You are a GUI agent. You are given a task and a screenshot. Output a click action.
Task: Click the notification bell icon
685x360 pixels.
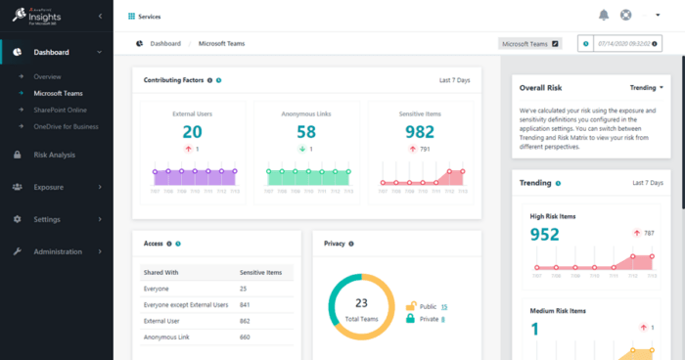(604, 15)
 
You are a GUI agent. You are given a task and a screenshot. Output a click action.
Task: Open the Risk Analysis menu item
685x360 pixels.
(54, 155)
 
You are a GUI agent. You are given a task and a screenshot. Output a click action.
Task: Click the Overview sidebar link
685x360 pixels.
(47, 75)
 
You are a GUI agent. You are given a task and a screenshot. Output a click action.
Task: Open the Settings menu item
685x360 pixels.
(48, 219)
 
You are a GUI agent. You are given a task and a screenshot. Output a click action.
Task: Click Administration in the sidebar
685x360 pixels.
(64, 251)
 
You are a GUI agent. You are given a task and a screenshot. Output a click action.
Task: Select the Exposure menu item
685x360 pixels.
(49, 187)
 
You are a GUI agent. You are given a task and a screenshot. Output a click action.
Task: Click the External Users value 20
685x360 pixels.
(192, 132)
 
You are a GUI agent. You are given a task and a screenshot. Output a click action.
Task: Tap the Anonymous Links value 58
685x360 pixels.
(305, 132)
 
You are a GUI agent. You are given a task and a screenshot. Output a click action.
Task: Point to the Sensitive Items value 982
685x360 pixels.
(419, 132)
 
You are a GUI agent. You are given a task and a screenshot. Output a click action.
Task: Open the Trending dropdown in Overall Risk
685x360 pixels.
(647, 87)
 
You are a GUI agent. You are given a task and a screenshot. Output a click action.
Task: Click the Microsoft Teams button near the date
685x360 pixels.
(529, 44)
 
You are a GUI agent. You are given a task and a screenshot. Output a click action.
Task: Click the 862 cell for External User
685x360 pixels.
(245, 320)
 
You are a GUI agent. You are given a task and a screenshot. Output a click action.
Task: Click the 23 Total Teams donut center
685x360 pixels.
(360, 308)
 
